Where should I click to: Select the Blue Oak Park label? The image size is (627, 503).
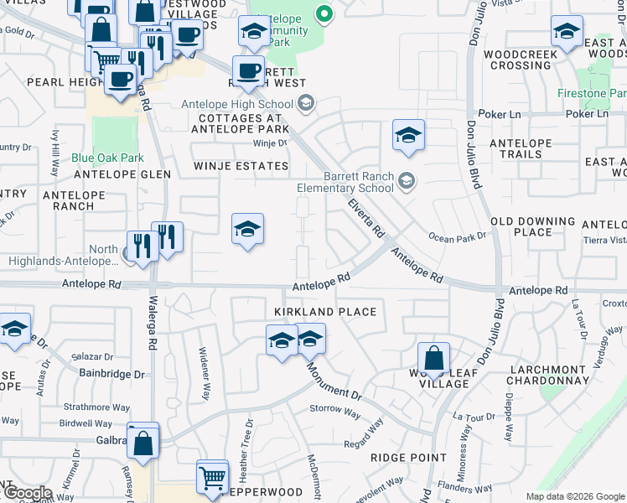click(107, 158)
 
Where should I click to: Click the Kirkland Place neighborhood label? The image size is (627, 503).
click(325, 312)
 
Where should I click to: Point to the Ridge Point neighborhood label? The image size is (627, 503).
click(409, 458)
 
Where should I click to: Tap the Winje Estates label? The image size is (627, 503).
click(241, 166)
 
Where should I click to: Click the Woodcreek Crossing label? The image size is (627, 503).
click(518, 60)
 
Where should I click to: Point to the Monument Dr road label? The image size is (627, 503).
click(333, 381)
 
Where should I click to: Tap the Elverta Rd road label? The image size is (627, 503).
click(365, 217)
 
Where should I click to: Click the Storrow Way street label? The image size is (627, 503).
click(334, 410)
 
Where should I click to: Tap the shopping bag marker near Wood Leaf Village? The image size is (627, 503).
click(433, 358)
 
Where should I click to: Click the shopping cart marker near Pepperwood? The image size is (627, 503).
click(213, 476)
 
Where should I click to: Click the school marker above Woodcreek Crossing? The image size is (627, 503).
click(567, 31)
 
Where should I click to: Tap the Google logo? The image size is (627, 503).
click(28, 493)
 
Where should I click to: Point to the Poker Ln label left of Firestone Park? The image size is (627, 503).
click(500, 113)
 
